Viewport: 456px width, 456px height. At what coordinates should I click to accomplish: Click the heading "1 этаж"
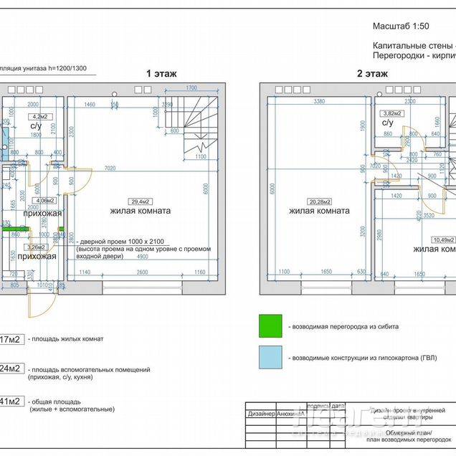(161, 73)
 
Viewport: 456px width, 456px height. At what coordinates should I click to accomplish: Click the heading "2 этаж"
(373, 73)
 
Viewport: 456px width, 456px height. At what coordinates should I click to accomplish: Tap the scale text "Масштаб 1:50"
(401, 26)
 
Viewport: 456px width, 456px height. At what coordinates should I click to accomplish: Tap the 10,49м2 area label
(443, 240)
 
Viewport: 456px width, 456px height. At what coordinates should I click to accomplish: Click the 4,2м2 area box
(37, 115)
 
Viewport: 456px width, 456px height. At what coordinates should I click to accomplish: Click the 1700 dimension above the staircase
(191, 87)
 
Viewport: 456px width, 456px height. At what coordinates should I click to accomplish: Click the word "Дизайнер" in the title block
(261, 414)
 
